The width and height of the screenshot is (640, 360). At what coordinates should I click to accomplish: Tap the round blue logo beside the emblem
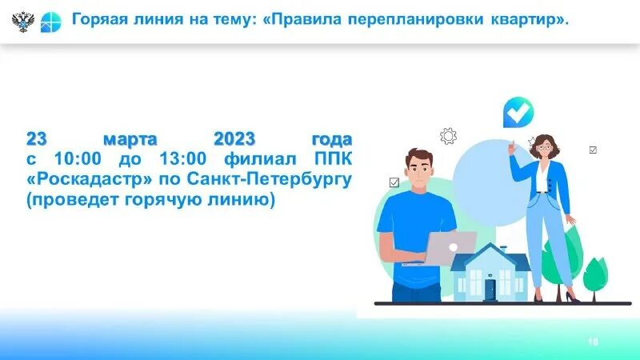point(50,21)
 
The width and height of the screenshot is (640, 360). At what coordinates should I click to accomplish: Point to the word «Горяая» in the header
point(99,18)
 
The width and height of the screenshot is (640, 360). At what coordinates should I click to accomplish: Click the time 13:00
point(186,158)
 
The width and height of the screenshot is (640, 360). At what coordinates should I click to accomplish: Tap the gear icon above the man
point(448,136)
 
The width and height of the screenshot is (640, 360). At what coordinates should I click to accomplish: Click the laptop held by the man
point(453,247)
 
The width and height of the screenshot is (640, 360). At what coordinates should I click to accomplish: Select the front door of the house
point(490,288)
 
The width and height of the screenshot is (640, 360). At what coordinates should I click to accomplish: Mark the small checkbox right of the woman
point(593,150)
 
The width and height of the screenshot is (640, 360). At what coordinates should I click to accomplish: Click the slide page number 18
point(593,342)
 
